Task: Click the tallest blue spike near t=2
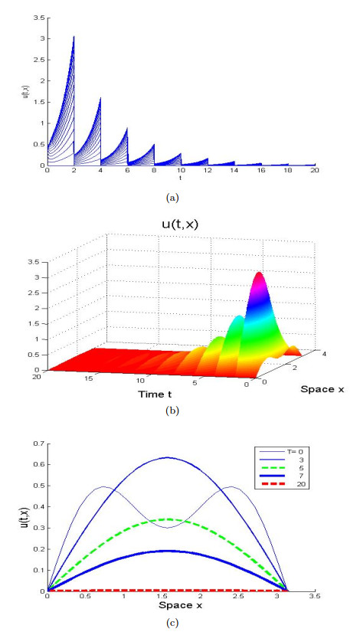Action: click(74, 38)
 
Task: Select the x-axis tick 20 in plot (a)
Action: click(314, 172)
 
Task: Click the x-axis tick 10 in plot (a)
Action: click(181, 172)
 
